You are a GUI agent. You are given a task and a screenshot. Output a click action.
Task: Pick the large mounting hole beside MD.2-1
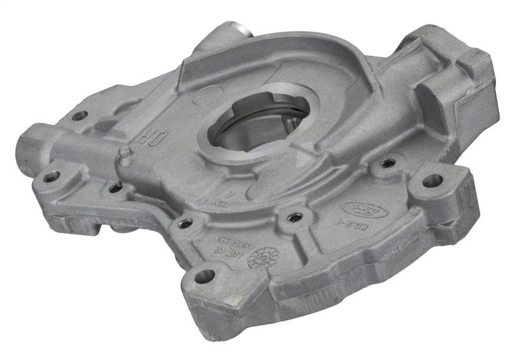pos(431,181)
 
